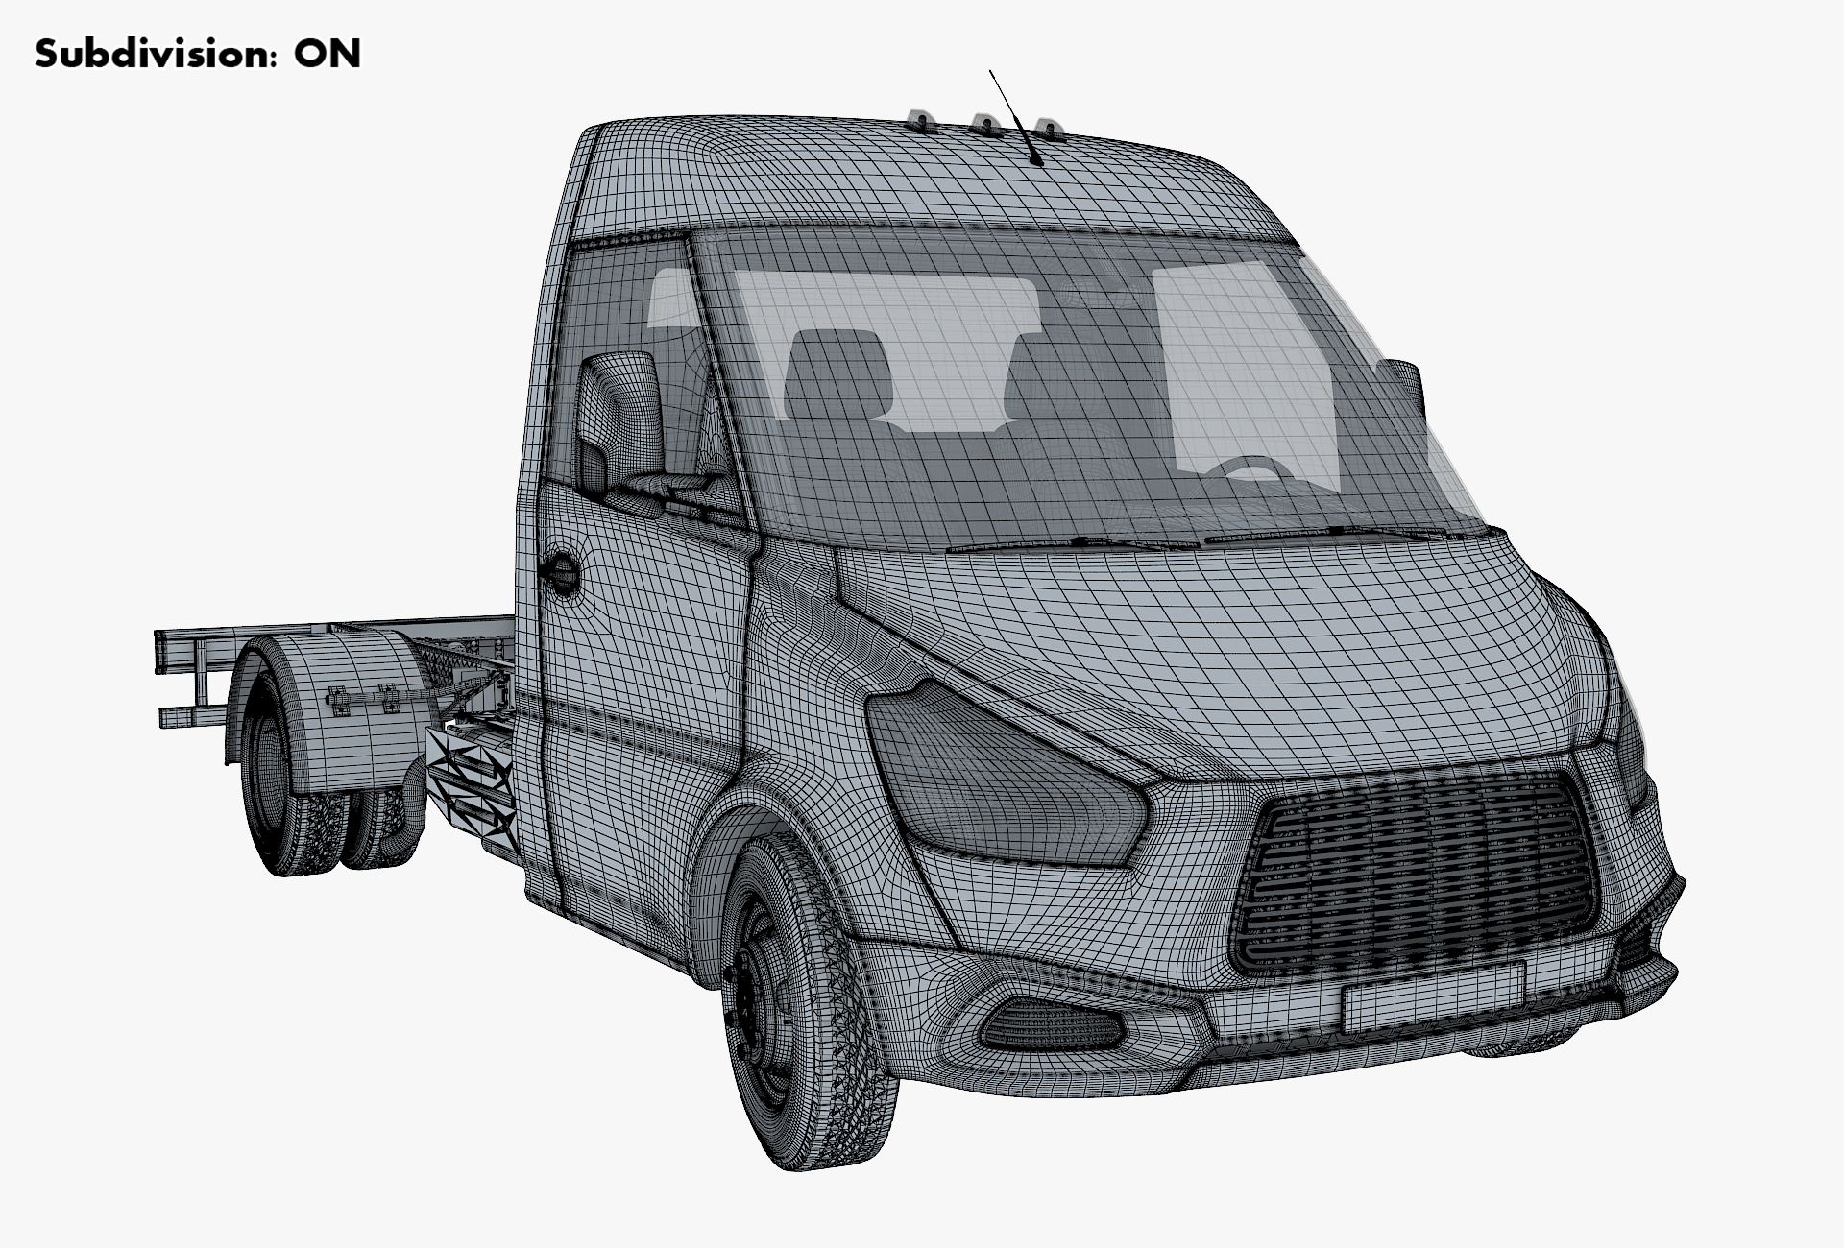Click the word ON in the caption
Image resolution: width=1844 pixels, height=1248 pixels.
tap(328, 54)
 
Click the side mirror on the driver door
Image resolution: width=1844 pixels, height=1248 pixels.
tap(619, 422)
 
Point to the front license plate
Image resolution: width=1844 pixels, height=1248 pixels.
tap(1433, 996)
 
